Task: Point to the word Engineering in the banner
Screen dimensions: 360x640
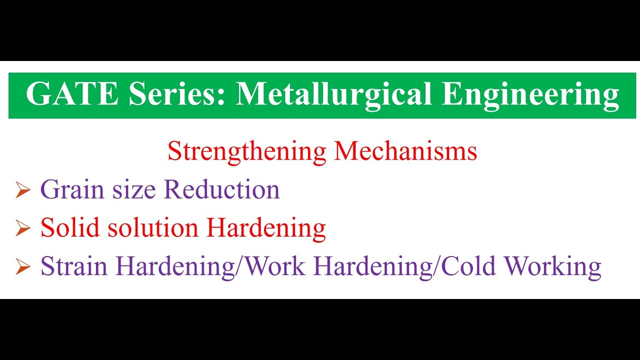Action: point(530,94)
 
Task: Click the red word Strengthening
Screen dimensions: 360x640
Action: point(247,151)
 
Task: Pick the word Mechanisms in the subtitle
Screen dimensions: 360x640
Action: point(405,151)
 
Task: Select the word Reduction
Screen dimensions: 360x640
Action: point(221,190)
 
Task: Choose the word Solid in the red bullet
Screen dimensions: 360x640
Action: point(67,228)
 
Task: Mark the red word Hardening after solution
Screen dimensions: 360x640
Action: point(266,228)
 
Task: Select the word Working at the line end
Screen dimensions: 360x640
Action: point(552,266)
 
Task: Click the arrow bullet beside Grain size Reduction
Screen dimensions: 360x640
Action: point(23,191)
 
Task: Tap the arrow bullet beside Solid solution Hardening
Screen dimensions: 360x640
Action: point(23,229)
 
